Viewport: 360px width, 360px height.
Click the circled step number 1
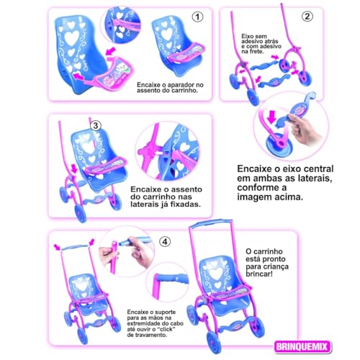click(x=197, y=17)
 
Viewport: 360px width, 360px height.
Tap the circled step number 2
click(x=307, y=17)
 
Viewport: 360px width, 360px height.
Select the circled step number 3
click(x=96, y=125)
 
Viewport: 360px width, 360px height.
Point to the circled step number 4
click(x=165, y=242)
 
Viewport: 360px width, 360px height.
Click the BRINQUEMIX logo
click(x=302, y=347)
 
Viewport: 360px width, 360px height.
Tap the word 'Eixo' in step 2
click(x=248, y=36)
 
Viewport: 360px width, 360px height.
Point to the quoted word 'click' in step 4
click(x=166, y=329)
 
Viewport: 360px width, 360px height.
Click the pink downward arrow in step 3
click(x=75, y=168)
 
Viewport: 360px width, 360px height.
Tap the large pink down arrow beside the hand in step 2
click(x=272, y=117)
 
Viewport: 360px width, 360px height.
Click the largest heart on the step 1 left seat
click(x=72, y=38)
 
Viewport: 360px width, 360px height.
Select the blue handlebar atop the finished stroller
click(x=211, y=223)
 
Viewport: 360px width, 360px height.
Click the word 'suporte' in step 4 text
click(x=166, y=312)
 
